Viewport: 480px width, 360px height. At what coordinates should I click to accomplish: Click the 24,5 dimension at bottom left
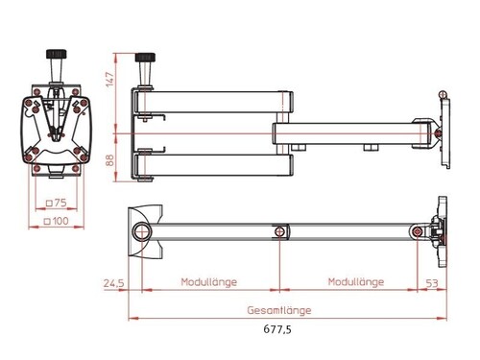(x=114, y=283)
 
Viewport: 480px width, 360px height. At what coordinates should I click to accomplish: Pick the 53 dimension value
(x=431, y=283)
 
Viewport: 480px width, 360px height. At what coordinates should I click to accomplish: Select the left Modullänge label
(x=209, y=282)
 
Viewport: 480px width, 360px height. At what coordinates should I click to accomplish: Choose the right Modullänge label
(x=356, y=282)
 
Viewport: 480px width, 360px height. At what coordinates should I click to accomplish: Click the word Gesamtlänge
(x=279, y=310)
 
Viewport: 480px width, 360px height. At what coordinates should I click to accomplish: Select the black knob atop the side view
(x=147, y=60)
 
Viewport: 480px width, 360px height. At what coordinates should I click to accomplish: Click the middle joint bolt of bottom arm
(x=280, y=231)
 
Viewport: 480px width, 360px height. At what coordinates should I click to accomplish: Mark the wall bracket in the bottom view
(x=440, y=230)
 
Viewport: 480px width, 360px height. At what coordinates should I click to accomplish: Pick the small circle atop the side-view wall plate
(x=443, y=93)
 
